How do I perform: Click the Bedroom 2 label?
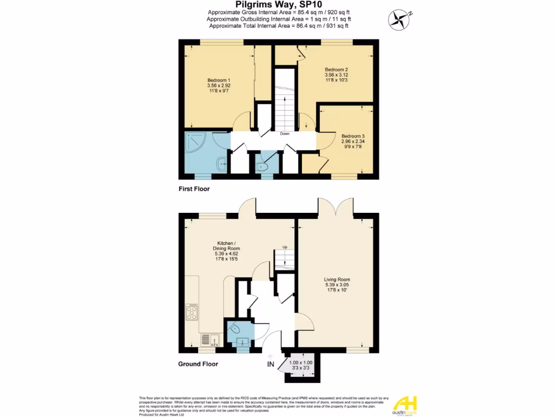tap(336, 69)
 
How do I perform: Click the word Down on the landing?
tap(285, 134)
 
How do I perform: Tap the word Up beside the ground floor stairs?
tap(283, 248)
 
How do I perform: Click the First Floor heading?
tap(194, 189)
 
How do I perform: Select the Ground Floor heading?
tap(198, 364)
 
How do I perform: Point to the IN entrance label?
tap(270, 364)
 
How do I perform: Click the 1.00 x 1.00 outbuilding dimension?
tap(300, 363)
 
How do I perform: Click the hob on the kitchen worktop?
tap(192, 312)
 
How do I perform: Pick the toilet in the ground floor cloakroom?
tap(235, 327)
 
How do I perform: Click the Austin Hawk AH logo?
tap(405, 404)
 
